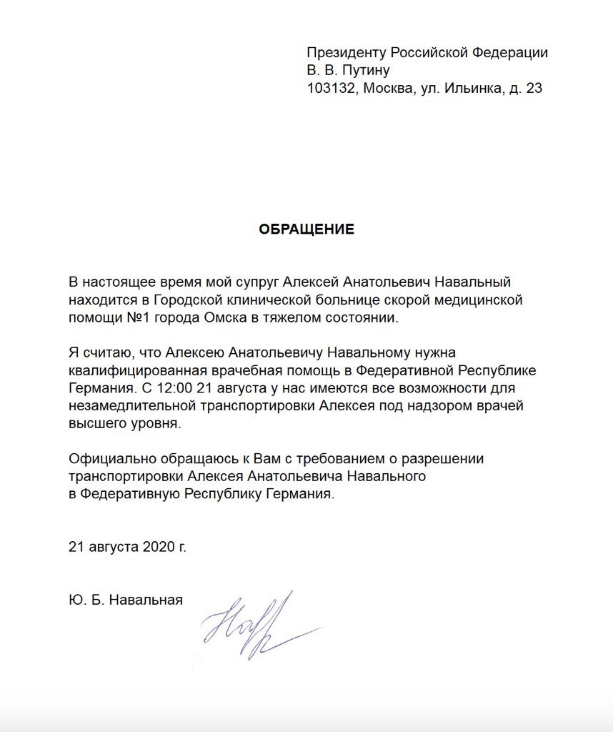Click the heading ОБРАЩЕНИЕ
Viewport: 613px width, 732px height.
(x=306, y=229)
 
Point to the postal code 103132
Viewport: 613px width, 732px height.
(x=331, y=89)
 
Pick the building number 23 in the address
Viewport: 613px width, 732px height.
(x=534, y=89)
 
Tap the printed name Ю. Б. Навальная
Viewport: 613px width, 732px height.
(x=126, y=600)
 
